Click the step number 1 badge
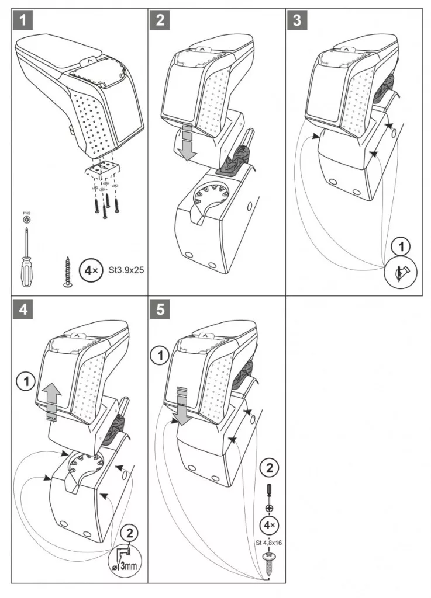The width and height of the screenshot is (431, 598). pyautogui.click(x=22, y=20)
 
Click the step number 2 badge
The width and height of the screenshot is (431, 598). pyautogui.click(x=160, y=20)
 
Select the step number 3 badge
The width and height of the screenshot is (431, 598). pyautogui.click(x=297, y=20)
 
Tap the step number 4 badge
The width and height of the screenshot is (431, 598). pyautogui.click(x=22, y=309)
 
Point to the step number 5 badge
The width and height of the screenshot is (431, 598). pyautogui.click(x=160, y=309)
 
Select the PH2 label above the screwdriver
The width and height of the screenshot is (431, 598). pyautogui.click(x=26, y=215)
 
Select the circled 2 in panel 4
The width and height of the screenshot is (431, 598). pyautogui.click(x=130, y=533)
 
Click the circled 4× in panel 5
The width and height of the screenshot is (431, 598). pyautogui.click(x=270, y=525)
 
